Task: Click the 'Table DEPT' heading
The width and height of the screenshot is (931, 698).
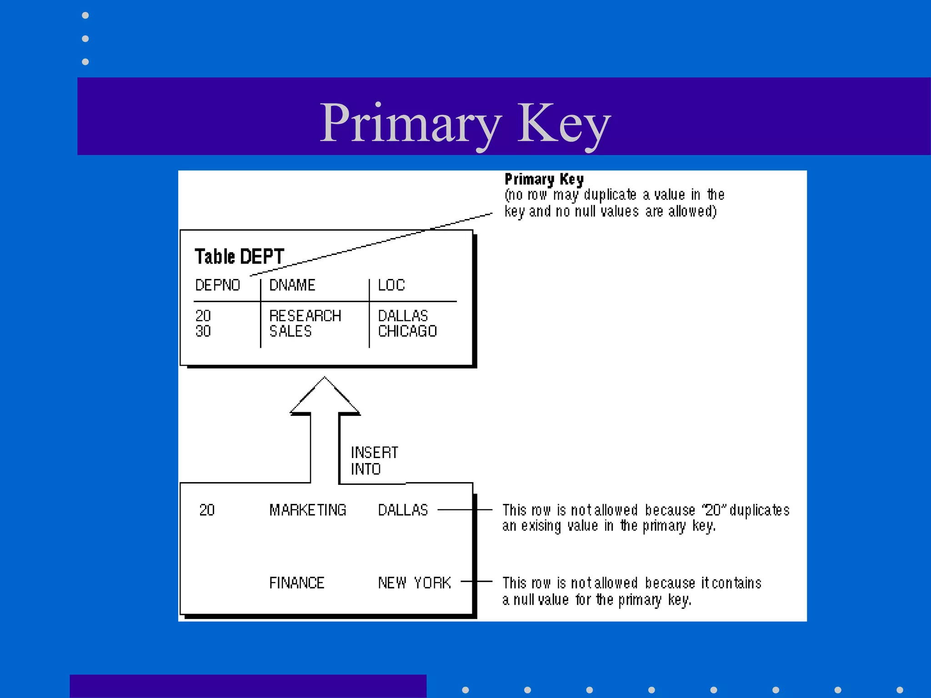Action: (x=239, y=257)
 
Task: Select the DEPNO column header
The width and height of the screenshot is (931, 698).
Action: (x=217, y=285)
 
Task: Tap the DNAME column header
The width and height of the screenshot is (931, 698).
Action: (x=292, y=285)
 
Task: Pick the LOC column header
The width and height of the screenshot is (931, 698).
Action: (x=391, y=285)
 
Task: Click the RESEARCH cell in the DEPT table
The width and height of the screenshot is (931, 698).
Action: (x=305, y=316)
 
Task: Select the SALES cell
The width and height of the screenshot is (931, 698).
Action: (x=290, y=331)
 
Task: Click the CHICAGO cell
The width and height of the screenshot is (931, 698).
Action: (x=407, y=331)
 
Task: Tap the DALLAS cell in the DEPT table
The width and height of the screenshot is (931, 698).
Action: (x=403, y=316)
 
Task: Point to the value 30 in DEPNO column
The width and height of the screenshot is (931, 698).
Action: (x=203, y=331)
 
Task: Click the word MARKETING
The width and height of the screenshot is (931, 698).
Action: (x=308, y=510)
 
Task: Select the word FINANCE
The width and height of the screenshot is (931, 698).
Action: (x=296, y=583)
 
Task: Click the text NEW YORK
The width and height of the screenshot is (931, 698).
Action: (x=414, y=583)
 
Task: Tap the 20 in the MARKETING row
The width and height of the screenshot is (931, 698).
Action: (x=207, y=510)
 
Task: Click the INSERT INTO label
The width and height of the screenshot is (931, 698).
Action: (x=374, y=461)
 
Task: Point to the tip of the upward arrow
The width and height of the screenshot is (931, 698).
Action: (x=325, y=378)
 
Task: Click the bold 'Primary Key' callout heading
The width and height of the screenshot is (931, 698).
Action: (x=544, y=179)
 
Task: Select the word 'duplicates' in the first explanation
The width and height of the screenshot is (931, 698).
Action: (x=760, y=511)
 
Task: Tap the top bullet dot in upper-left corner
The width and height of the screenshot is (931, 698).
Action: (x=85, y=15)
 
